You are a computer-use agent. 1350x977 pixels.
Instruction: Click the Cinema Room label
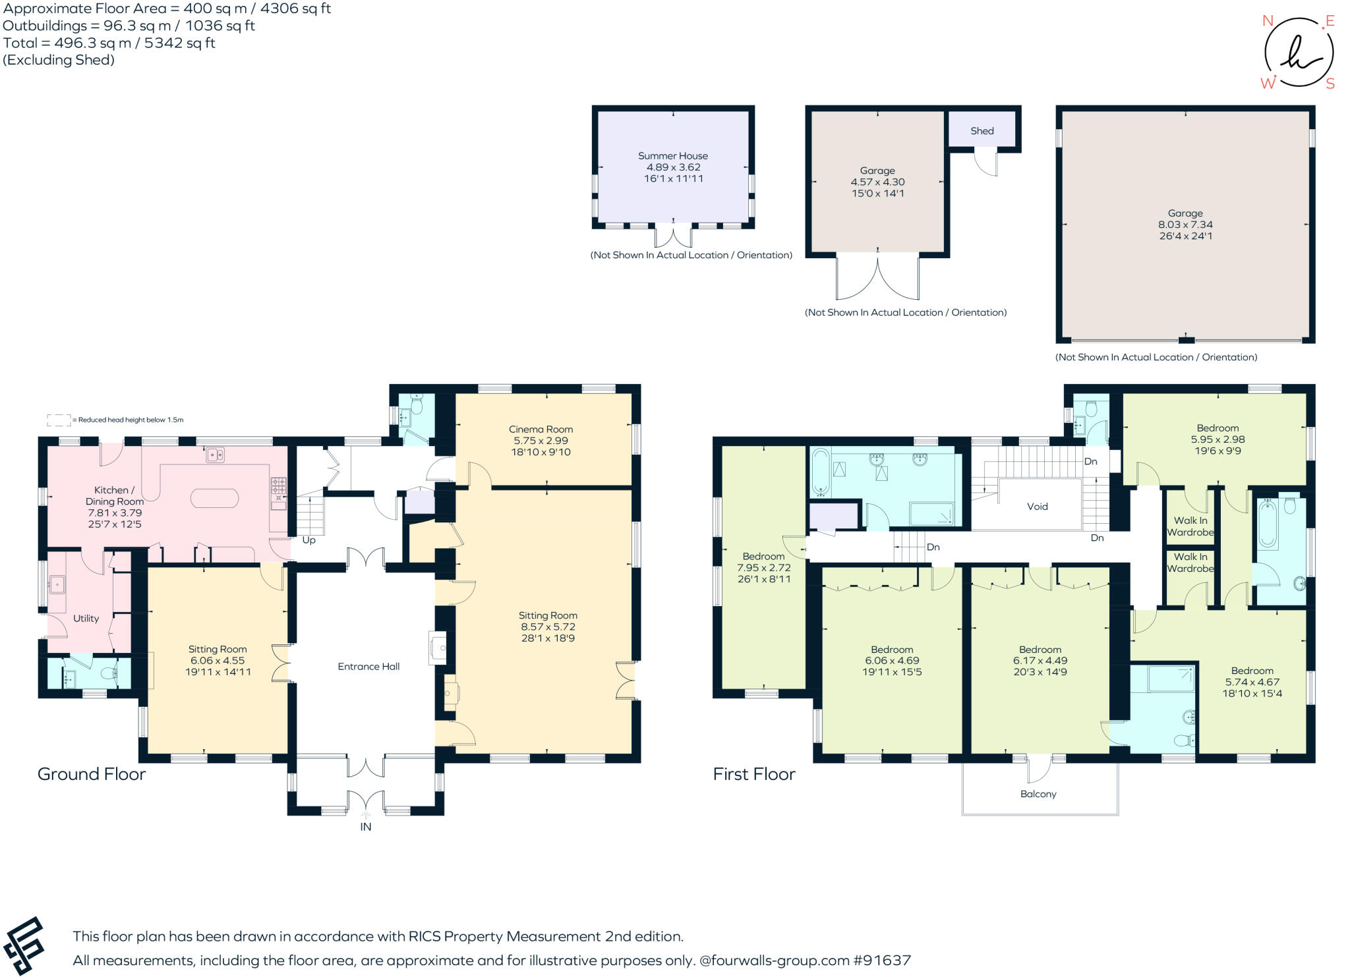(x=541, y=429)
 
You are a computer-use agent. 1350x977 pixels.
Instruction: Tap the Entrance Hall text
(x=368, y=666)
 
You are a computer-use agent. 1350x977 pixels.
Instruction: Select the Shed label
(x=982, y=130)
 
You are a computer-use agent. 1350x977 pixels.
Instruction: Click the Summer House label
(x=672, y=155)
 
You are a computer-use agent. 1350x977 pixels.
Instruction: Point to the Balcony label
(x=1038, y=794)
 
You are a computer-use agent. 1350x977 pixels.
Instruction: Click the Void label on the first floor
(x=1037, y=506)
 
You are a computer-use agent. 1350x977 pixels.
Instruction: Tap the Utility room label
(x=86, y=618)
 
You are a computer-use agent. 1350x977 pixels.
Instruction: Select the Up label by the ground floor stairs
(x=308, y=540)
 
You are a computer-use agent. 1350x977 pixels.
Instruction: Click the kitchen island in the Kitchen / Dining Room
(x=214, y=498)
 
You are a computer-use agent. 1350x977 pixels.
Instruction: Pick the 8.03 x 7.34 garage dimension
(x=1185, y=224)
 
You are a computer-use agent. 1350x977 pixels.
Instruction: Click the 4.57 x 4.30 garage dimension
(x=877, y=182)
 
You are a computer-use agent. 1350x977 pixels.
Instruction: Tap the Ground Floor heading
(x=91, y=773)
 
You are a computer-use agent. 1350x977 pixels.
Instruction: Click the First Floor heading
(x=753, y=773)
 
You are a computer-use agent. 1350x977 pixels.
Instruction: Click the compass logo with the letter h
(x=1297, y=53)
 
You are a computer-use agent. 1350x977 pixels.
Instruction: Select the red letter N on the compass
(x=1267, y=20)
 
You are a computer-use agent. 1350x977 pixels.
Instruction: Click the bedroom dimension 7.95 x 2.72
(x=763, y=567)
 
